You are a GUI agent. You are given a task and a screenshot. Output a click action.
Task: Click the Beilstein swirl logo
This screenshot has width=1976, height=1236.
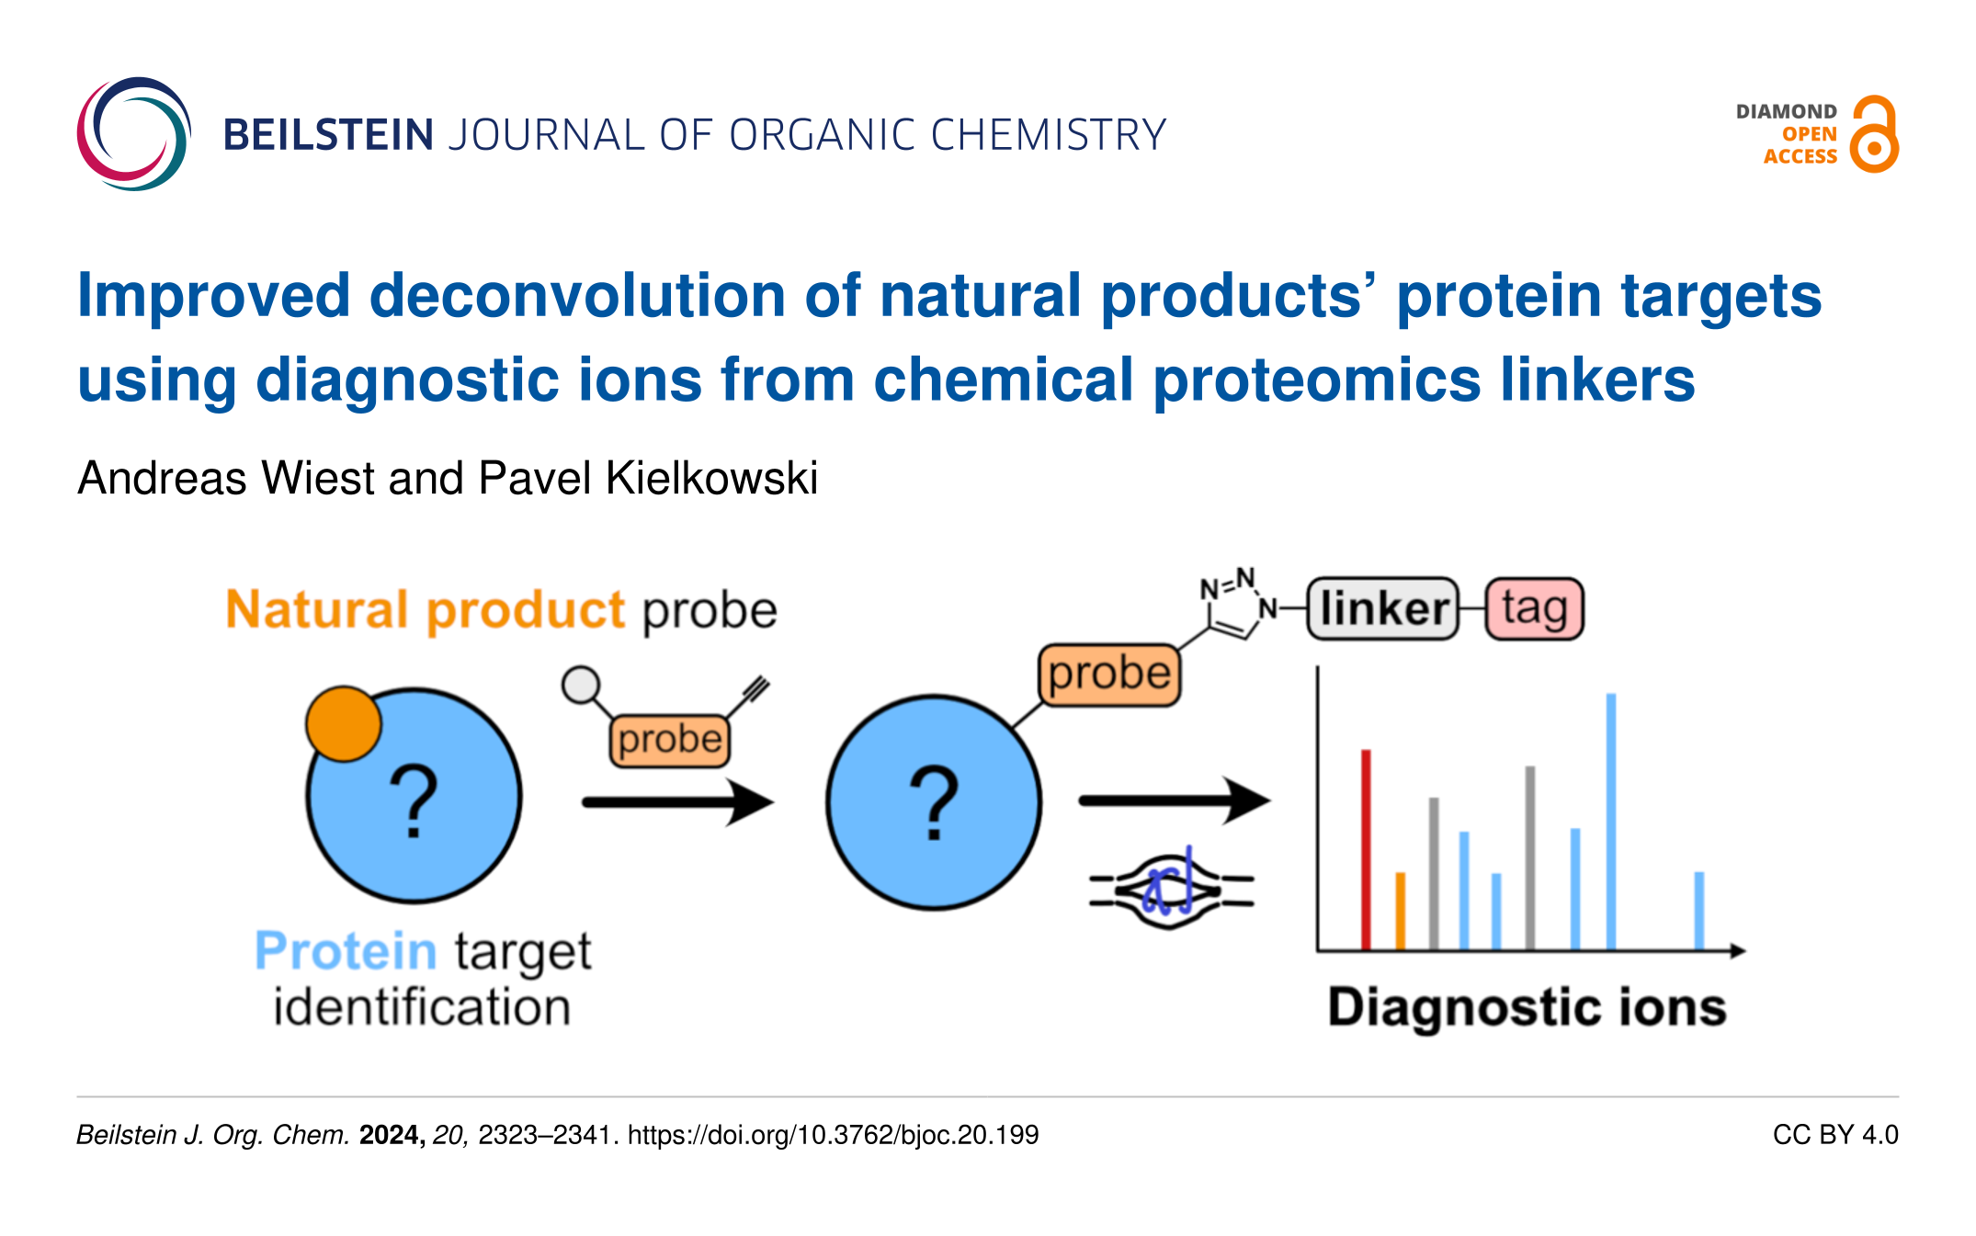pyautogui.click(x=134, y=134)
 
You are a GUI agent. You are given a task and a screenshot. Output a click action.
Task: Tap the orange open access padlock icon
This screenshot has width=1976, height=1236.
pyautogui.click(x=1874, y=134)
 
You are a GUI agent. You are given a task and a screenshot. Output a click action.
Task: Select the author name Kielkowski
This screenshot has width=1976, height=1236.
pyautogui.click(x=711, y=478)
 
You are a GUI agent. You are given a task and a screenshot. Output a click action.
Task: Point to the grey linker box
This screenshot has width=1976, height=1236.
pyautogui.click(x=1382, y=608)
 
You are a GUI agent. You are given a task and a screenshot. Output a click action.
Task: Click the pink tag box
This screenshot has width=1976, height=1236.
pyautogui.click(x=1534, y=608)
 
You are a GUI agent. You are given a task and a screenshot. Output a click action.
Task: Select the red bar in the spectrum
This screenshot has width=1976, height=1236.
pyautogui.click(x=1366, y=849)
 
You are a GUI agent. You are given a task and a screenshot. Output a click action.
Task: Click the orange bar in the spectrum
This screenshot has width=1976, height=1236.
pyautogui.click(x=1400, y=911)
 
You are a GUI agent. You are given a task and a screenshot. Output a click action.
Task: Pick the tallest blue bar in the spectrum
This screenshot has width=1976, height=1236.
pyautogui.click(x=1610, y=822)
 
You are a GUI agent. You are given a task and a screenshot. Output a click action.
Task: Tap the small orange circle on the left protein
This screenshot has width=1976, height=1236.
pyautogui.click(x=344, y=724)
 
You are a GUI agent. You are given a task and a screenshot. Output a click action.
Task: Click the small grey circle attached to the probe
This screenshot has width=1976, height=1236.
pyautogui.click(x=581, y=685)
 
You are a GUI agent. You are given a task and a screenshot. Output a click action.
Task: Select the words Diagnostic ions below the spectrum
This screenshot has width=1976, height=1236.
pyautogui.click(x=1527, y=1007)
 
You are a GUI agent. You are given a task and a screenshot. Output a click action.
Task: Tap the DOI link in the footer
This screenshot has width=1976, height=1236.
pyautogui.click(x=833, y=1135)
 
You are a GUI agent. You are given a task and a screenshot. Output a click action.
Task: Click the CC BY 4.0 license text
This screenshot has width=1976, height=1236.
pyautogui.click(x=1835, y=1135)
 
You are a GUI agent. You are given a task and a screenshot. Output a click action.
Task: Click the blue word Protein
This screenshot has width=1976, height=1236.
pyautogui.click(x=346, y=950)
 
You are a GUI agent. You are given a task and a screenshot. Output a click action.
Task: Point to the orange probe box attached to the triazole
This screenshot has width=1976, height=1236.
pyautogui.click(x=1109, y=675)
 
